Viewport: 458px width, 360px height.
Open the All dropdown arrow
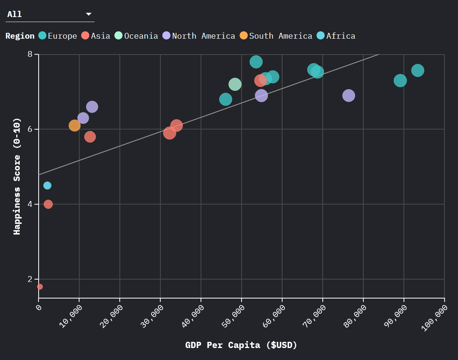coord(89,14)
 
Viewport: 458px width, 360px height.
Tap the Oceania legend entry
coord(136,36)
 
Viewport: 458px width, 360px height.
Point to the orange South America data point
coord(75,125)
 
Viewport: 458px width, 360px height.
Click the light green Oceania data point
coord(235,84)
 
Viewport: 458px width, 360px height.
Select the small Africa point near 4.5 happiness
coord(47,186)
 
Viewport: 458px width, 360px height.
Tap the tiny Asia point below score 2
coord(40,287)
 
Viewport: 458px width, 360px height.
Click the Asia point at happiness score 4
coord(48,204)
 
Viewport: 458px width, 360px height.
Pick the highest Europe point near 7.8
coord(256,62)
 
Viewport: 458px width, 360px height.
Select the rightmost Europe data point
coord(417,70)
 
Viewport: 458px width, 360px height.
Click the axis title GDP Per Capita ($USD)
coord(241,345)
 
